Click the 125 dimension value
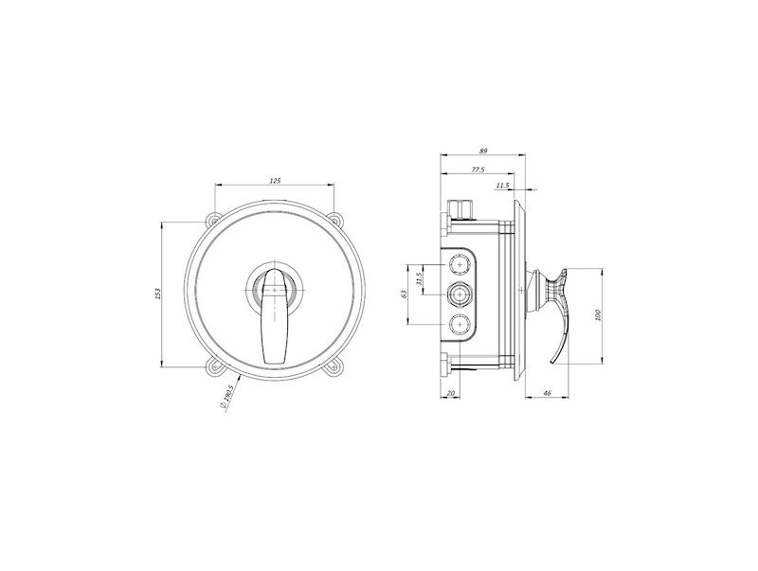pyautogui.click(x=275, y=181)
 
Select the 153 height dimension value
pyautogui.click(x=157, y=294)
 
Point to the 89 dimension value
pyautogui.click(x=483, y=151)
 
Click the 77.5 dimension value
pyautogui.click(x=478, y=170)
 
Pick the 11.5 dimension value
pyautogui.click(x=503, y=185)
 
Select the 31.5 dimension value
pyautogui.click(x=419, y=279)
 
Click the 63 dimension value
pyautogui.click(x=405, y=294)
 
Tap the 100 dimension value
pyautogui.click(x=598, y=315)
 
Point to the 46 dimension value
pyautogui.click(x=548, y=393)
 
